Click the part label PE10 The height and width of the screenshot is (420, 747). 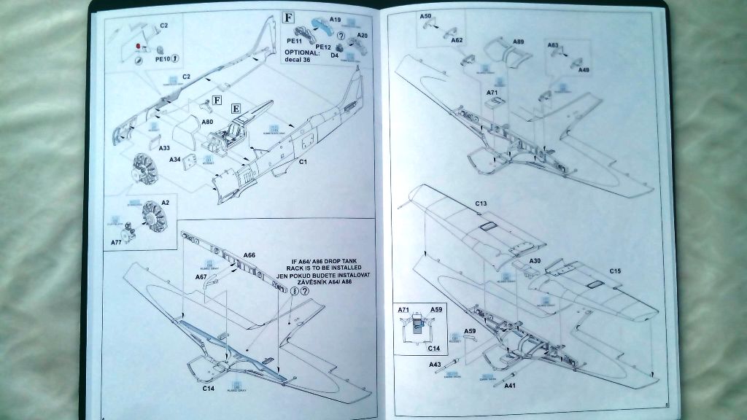pyautogui.click(x=162, y=58)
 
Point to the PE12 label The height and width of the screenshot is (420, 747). pyautogui.click(x=323, y=46)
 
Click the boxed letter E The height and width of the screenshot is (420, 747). pyautogui.click(x=236, y=109)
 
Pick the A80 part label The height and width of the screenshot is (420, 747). pyautogui.click(x=206, y=122)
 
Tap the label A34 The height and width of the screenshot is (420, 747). pyautogui.click(x=175, y=160)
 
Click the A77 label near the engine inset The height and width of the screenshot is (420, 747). pyautogui.click(x=116, y=240)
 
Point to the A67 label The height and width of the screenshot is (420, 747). pyautogui.click(x=202, y=277)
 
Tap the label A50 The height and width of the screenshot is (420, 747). pyautogui.click(x=426, y=15)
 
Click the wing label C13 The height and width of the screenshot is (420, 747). pyautogui.click(x=481, y=203)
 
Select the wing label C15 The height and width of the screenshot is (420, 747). pyautogui.click(x=616, y=271)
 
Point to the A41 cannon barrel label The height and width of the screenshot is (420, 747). pyautogui.click(x=509, y=385)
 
